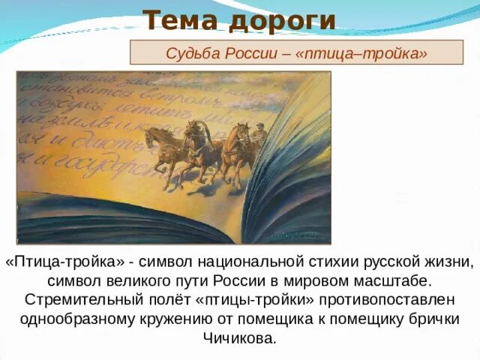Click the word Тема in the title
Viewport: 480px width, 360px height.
click(179, 20)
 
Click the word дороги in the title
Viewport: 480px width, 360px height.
click(281, 20)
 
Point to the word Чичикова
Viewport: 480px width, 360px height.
click(240, 337)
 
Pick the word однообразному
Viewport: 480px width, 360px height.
click(83, 319)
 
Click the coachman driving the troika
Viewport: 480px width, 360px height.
click(259, 133)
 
